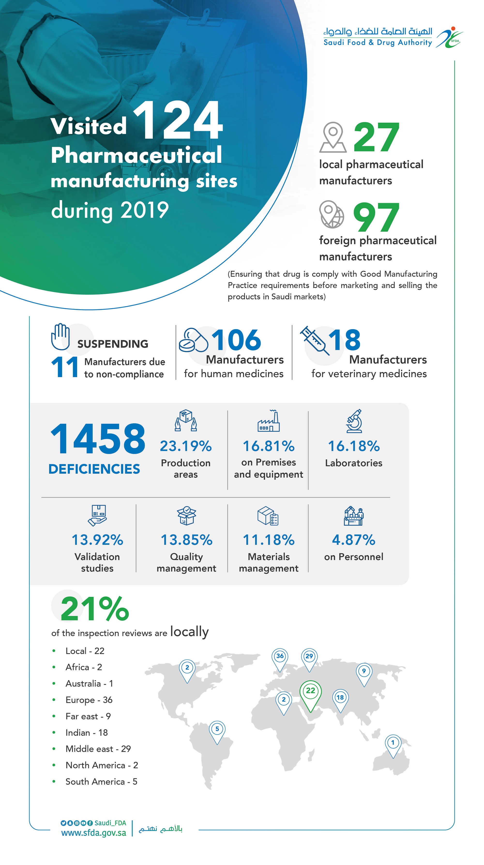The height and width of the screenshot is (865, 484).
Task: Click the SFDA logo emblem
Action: [x=449, y=38]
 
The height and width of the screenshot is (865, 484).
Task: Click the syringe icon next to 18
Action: [x=314, y=340]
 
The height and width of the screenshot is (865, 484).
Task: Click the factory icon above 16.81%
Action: [x=269, y=421]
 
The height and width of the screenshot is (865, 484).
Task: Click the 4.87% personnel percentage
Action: [x=353, y=540]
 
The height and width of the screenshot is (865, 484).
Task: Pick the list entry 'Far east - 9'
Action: [x=88, y=716]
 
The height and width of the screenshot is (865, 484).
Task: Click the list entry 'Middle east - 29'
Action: [x=98, y=749]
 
